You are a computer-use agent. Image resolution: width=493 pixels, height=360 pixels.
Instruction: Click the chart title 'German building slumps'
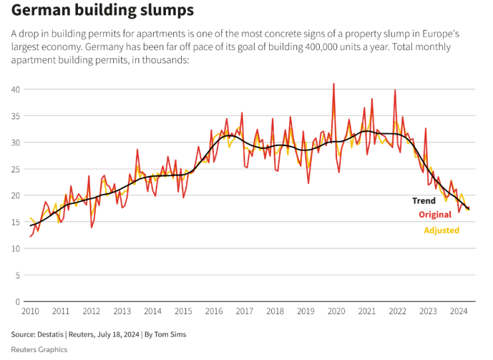coord(103,11)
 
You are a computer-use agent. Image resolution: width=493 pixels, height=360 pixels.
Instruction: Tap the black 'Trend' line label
coord(424,201)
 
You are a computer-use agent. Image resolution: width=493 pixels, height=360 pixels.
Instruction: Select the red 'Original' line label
coord(435,215)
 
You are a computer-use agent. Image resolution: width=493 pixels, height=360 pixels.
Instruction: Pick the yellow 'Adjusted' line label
coord(442,231)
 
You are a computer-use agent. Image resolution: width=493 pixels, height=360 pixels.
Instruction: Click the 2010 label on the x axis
coord(30,311)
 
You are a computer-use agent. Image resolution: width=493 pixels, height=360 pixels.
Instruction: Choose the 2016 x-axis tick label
coord(214,311)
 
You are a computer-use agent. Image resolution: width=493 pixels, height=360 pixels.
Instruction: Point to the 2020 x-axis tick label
coord(336,311)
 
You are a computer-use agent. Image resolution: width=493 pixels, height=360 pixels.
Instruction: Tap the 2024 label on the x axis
coord(458,311)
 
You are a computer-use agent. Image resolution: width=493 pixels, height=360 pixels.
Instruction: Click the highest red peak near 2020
coord(333,84)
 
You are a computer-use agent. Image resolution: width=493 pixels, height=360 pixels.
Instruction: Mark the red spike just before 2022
coord(395,90)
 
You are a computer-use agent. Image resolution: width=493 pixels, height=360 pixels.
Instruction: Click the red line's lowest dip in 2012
coord(92,227)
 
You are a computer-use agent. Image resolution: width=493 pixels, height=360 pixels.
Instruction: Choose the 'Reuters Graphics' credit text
coord(39,349)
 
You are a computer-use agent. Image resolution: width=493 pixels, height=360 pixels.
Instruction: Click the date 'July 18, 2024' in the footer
coord(117,335)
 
